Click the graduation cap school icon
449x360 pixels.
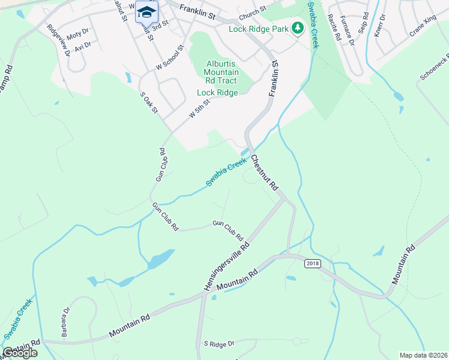(x=145, y=12)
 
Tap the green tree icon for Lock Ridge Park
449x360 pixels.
(x=297, y=28)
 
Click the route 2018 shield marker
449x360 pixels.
(x=313, y=263)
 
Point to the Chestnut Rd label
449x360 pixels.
(x=265, y=173)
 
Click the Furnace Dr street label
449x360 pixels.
(x=346, y=30)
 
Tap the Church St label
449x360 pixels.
(x=252, y=12)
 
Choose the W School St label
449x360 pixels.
(x=169, y=58)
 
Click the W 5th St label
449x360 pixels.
(x=200, y=108)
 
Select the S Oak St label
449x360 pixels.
(x=148, y=102)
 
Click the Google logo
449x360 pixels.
(x=20, y=352)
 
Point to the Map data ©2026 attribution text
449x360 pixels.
(x=423, y=355)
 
